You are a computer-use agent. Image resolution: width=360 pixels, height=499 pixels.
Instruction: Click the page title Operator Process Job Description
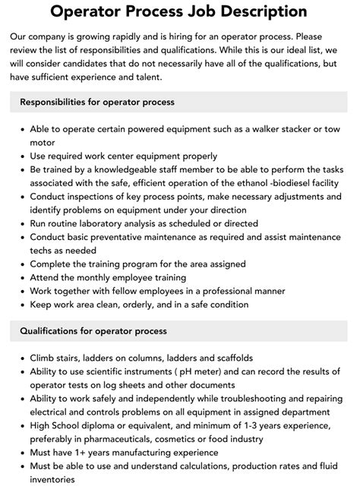coord(179,12)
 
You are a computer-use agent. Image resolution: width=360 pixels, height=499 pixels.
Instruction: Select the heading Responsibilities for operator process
coord(96,102)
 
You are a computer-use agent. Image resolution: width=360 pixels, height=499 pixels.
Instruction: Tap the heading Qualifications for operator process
coord(93,331)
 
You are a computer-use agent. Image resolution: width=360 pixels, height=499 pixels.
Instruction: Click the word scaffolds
coord(230,358)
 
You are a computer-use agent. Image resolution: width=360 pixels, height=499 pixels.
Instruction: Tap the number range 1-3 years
coord(252,426)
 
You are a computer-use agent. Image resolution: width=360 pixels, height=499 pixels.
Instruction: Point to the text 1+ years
coord(99,453)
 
